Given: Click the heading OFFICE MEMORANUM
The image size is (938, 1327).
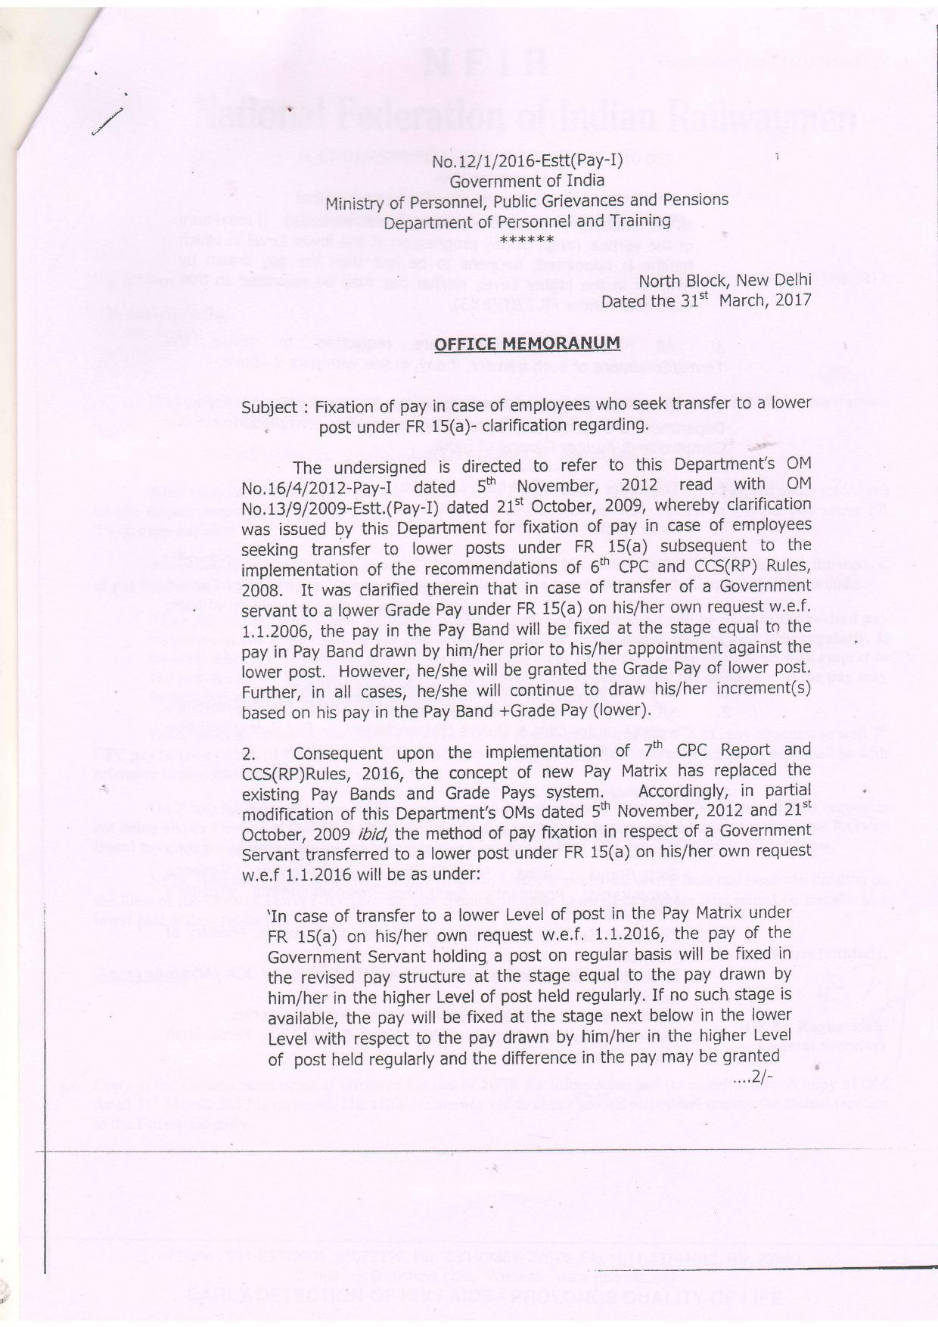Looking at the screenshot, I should [527, 343].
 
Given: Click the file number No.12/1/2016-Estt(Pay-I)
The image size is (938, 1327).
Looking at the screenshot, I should [527, 160].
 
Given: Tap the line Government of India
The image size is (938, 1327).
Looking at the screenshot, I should [527, 181].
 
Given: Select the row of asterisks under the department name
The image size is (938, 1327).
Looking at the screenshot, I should [527, 240].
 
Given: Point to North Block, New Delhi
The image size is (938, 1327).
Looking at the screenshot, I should [725, 281].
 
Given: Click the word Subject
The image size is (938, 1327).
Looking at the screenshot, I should [269, 407].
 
